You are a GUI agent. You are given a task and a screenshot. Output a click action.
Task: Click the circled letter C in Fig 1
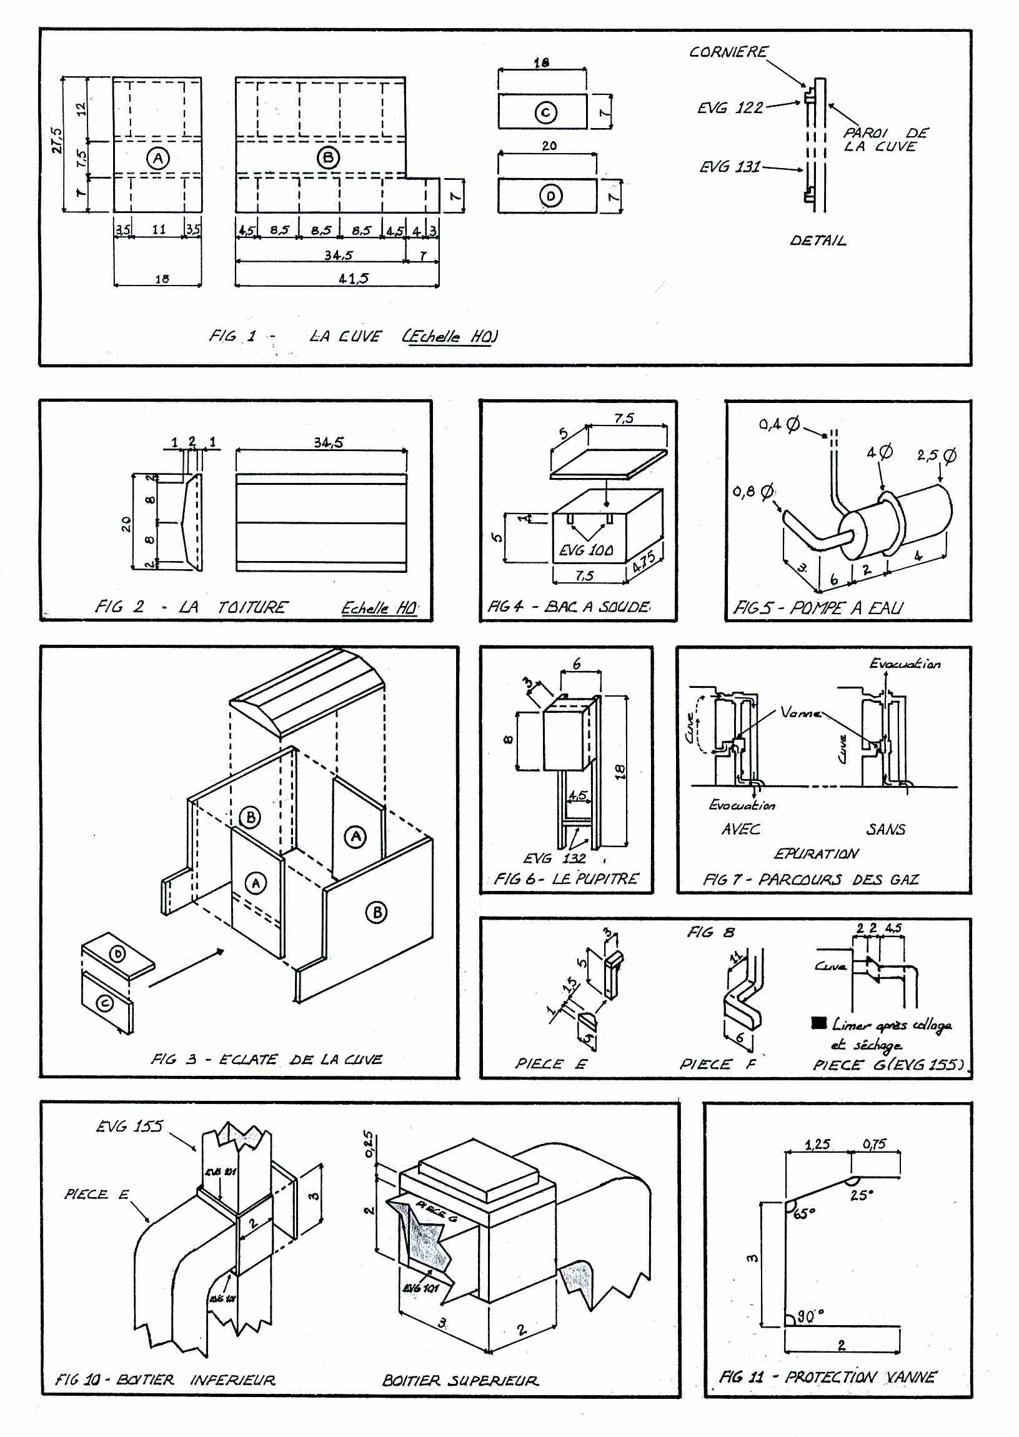[x=545, y=112]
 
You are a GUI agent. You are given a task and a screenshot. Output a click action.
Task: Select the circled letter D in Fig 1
[x=551, y=196]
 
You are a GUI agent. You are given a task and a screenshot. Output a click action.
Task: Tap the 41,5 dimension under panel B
[x=353, y=278]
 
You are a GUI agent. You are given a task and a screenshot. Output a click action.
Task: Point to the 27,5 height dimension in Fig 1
[x=57, y=141]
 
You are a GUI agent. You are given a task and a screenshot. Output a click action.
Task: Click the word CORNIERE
[x=728, y=52]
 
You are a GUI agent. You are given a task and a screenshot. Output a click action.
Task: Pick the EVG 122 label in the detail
[x=730, y=108]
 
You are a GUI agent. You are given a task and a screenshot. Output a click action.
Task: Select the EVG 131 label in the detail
[x=730, y=167]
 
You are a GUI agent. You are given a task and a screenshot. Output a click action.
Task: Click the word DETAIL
[x=818, y=241]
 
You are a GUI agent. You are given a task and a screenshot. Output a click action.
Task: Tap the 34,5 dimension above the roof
[x=329, y=442]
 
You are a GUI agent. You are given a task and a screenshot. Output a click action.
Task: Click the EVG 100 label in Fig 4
[x=586, y=550]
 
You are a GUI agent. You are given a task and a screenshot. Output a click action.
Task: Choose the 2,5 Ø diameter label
[x=936, y=455]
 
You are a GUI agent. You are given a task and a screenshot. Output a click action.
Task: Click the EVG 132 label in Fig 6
[x=555, y=858]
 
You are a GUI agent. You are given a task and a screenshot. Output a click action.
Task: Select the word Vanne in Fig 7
[x=800, y=712]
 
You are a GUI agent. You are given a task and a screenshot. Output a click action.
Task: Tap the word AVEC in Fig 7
[x=740, y=829]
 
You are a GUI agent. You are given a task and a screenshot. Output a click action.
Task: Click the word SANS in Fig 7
[x=885, y=829]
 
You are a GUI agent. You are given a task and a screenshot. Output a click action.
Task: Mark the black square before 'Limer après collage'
[x=818, y=1023]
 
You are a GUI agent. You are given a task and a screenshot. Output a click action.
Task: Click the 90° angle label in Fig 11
[x=810, y=1315]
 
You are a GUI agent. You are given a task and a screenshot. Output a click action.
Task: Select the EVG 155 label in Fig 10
[x=129, y=1126]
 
